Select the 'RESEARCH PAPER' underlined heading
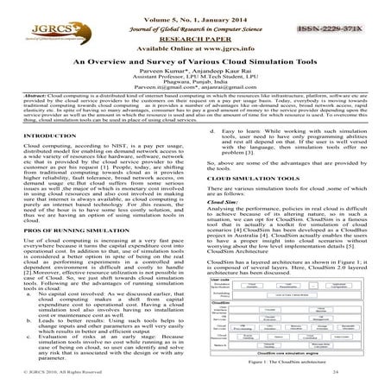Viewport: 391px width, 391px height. click(x=194, y=39)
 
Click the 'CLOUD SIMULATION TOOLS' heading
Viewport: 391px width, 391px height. click(x=246, y=178)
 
